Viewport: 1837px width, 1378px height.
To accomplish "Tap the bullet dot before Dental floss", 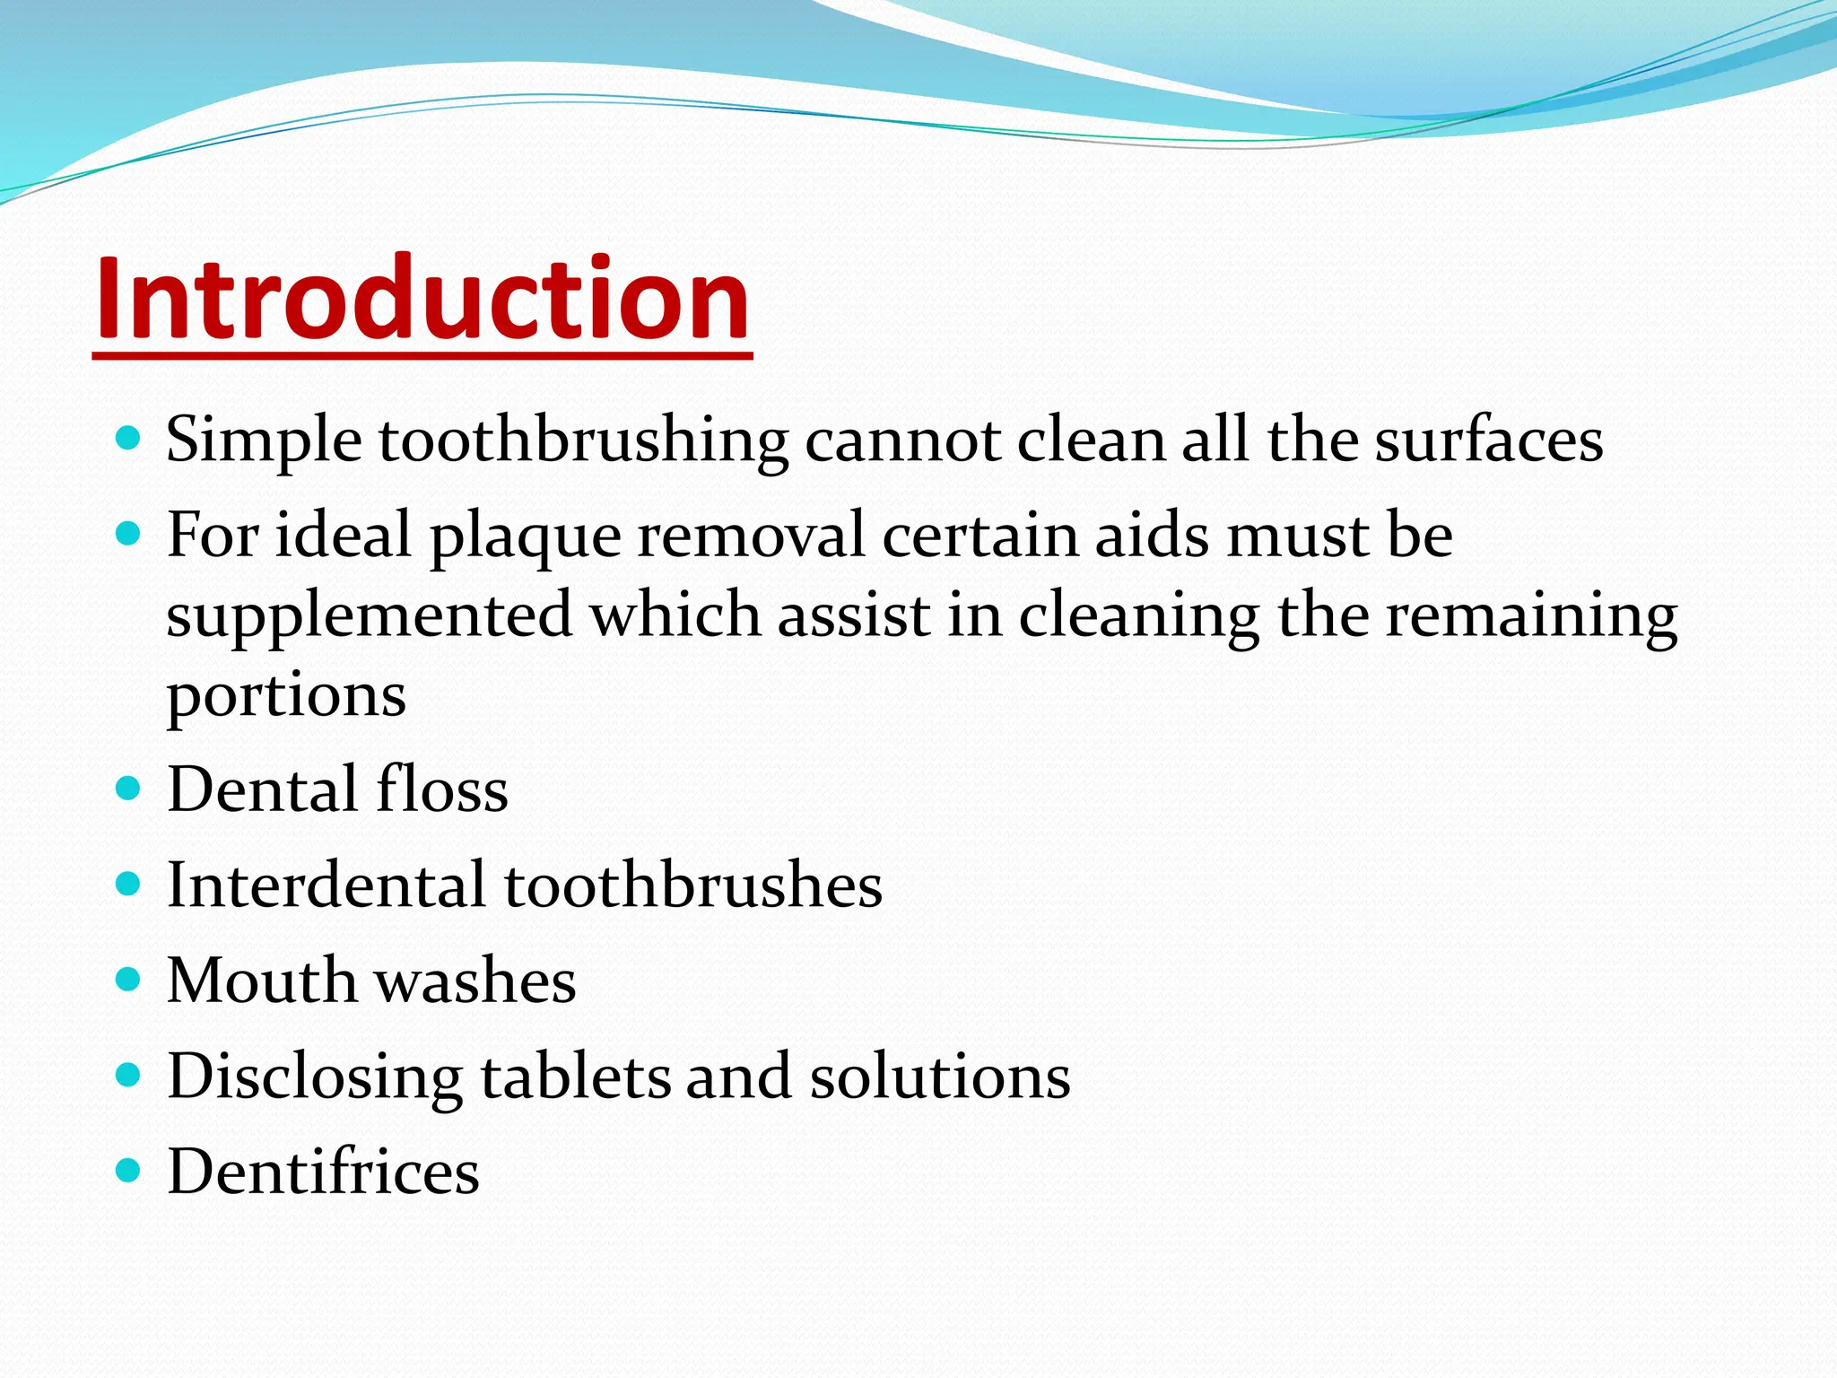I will pyautogui.click(x=129, y=789).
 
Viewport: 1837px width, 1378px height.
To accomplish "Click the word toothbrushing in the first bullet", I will pyautogui.click(x=583, y=441).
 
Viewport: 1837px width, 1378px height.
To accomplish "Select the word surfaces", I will pyautogui.click(x=1489, y=441).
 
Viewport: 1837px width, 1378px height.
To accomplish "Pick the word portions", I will pyautogui.click(x=286, y=696).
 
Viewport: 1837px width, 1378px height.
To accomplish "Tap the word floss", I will pyautogui.click(x=442, y=789).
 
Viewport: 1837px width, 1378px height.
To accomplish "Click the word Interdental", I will pyautogui.click(x=326, y=885).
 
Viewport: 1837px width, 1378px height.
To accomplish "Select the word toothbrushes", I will pyautogui.click(x=693, y=885).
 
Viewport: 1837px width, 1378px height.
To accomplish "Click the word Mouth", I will pyautogui.click(x=262, y=981).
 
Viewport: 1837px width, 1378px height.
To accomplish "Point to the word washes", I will pyautogui.click(x=475, y=981).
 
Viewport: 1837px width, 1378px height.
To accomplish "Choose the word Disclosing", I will pyautogui.click(x=315, y=1077).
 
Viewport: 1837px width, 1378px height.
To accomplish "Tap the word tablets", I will pyautogui.click(x=576, y=1077).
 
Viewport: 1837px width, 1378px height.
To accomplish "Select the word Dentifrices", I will pyautogui.click(x=323, y=1172).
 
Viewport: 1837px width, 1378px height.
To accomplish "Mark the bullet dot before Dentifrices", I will pyautogui.click(x=129, y=1171).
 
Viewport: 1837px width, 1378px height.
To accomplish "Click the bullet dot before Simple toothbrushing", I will pyautogui.click(x=129, y=439).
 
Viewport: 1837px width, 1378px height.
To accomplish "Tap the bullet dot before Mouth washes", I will pyautogui.click(x=129, y=980).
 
